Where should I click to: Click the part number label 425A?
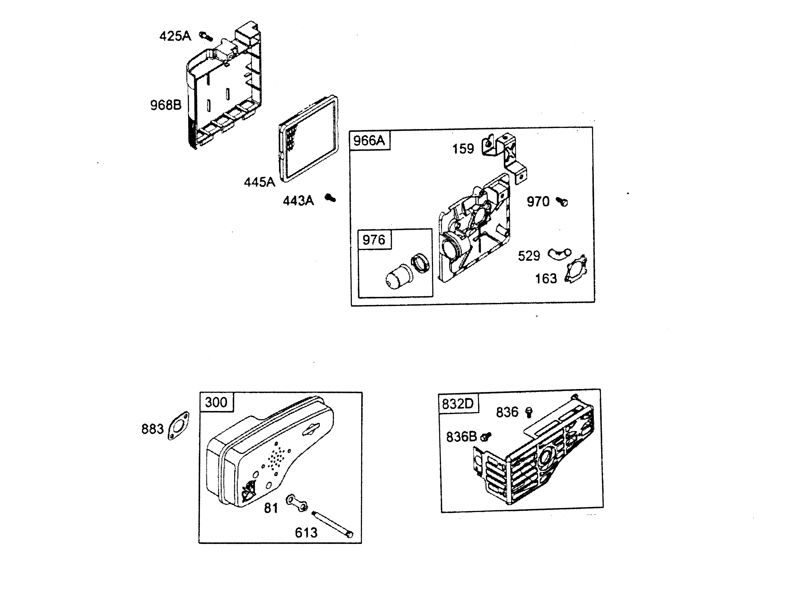point(175,36)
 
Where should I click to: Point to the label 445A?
point(259,182)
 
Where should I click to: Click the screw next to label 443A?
point(330,198)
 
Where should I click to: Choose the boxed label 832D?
point(458,404)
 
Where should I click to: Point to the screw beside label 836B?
point(486,436)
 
